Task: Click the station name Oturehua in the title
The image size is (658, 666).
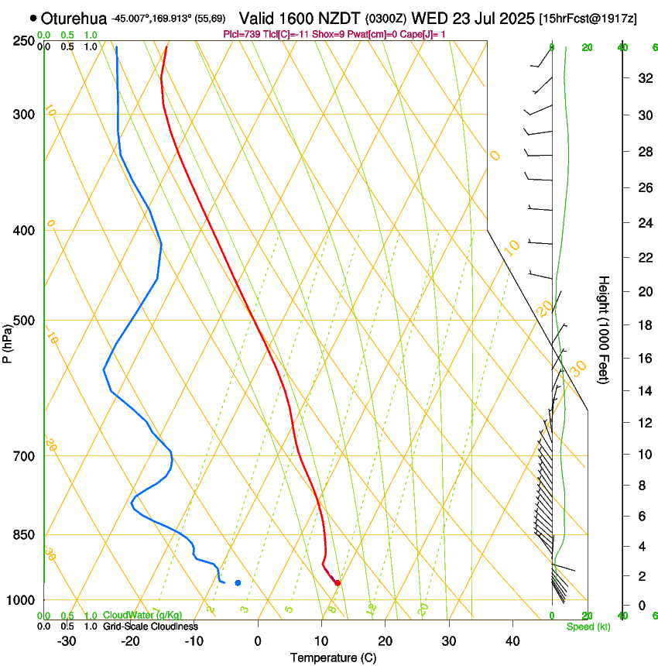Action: [74, 18]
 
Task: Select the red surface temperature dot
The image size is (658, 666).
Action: [337, 582]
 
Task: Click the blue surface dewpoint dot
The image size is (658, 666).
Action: [238, 582]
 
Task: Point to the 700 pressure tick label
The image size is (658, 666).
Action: [25, 456]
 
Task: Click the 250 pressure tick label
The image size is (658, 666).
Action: [25, 40]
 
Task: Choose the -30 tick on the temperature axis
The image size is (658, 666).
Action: [67, 641]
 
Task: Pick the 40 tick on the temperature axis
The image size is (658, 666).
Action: [512, 641]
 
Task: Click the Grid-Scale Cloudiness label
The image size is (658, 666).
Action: [150, 627]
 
